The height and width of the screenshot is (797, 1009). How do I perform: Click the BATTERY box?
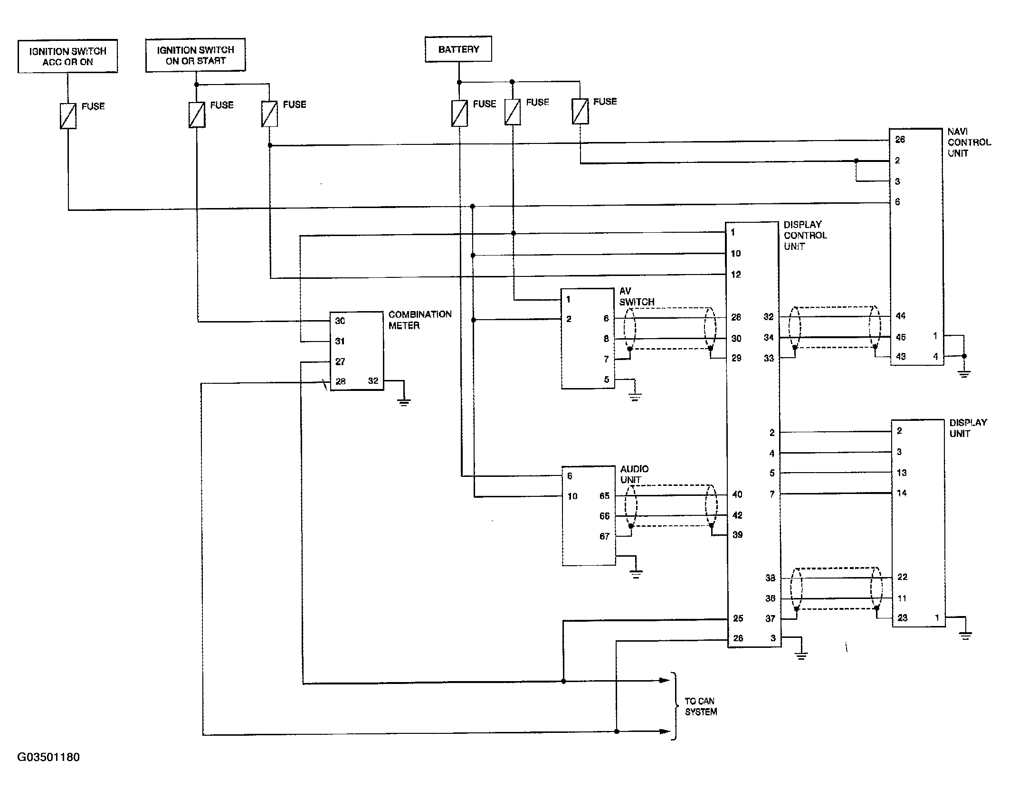tap(458, 49)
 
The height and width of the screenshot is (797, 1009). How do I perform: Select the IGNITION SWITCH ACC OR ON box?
tap(67, 56)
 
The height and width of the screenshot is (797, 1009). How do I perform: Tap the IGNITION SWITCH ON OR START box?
tap(195, 55)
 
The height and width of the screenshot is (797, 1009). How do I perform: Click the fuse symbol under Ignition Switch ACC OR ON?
tap(68, 116)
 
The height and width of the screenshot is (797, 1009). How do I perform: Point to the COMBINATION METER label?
tap(420, 320)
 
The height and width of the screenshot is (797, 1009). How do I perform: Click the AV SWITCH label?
tap(637, 296)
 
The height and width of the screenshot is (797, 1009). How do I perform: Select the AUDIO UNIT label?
tap(634, 474)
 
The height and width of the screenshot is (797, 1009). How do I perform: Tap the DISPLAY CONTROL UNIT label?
tap(805, 235)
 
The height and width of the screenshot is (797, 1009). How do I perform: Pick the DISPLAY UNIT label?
tap(968, 428)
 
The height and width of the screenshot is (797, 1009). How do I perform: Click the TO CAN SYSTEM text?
tap(701, 706)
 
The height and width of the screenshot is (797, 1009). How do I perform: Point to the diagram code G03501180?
tap(48, 757)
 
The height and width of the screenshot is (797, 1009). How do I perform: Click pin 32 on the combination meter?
tap(373, 380)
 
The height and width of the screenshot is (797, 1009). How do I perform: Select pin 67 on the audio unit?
tap(604, 536)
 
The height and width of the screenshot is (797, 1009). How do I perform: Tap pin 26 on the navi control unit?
tap(900, 139)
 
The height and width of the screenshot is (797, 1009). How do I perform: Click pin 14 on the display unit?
tap(902, 493)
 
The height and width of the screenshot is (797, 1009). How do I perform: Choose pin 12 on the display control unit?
tap(736, 274)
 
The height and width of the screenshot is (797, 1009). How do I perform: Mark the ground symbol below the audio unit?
tap(636, 574)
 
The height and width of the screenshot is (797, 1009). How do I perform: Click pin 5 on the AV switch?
tap(607, 380)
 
